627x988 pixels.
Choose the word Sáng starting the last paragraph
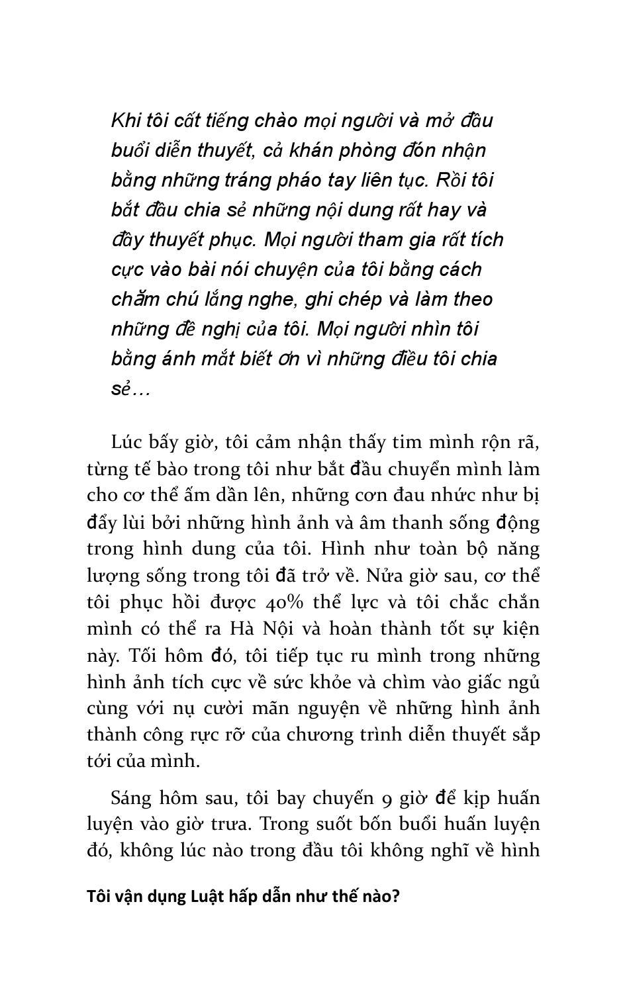(132, 798)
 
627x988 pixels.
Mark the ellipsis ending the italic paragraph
(141, 389)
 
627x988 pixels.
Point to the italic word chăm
(136, 299)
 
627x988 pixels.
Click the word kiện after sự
(520, 629)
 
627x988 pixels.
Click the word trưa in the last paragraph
(230, 825)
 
